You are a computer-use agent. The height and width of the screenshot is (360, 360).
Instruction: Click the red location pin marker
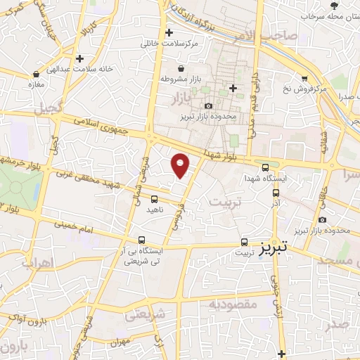pyautogui.click(x=181, y=165)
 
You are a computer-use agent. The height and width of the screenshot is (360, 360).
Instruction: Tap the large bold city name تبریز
pyautogui.click(x=274, y=250)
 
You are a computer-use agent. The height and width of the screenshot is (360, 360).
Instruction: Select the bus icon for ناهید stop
pyautogui.click(x=154, y=199)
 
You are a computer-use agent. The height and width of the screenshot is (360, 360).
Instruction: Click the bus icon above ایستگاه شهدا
pyautogui.click(x=265, y=167)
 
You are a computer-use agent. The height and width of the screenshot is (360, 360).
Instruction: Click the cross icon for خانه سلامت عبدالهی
pyautogui.click(x=80, y=58)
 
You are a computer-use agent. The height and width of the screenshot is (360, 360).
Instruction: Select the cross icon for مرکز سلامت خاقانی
pyautogui.click(x=169, y=32)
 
